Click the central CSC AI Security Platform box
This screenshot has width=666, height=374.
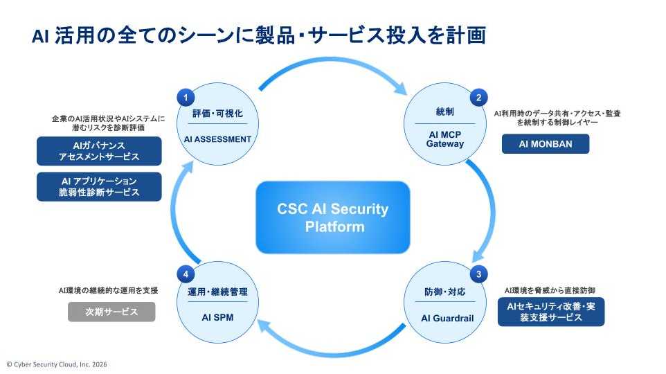333,217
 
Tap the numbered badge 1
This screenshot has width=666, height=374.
186,98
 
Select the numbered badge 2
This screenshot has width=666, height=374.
478,98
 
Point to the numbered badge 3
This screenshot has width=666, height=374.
478,274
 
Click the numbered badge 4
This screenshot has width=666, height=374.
186,274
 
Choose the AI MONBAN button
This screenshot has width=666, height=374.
546,144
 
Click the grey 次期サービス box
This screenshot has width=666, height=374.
111,312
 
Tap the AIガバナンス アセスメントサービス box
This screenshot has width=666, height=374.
99,151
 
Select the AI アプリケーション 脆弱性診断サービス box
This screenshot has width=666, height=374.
99,186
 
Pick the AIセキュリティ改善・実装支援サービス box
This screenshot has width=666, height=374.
551,312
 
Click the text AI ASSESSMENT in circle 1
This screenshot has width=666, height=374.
217,139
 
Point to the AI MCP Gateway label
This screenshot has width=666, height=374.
445,139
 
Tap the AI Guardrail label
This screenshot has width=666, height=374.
447,319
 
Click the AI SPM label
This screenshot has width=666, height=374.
217,317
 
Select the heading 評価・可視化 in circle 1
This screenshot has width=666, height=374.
217,114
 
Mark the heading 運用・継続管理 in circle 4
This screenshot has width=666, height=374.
217,292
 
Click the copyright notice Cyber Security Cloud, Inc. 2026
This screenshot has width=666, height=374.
57,364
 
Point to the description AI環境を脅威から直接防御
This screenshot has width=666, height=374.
550,290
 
